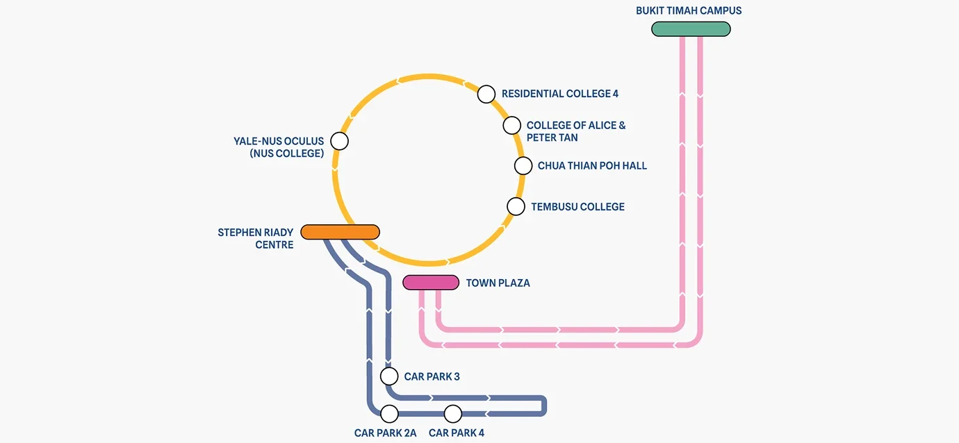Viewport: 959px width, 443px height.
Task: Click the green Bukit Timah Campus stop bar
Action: [x=691, y=29]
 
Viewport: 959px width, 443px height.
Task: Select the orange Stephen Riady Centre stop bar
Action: [x=340, y=232]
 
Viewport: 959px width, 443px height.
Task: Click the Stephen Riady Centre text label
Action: [x=256, y=238]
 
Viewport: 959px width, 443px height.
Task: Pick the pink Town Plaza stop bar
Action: [x=431, y=283]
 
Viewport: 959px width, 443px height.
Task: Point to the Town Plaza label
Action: [x=498, y=283]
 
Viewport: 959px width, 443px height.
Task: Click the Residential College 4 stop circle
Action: [x=486, y=94]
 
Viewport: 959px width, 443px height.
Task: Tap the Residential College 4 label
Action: [x=560, y=94]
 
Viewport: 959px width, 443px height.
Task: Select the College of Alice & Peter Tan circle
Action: [x=511, y=126]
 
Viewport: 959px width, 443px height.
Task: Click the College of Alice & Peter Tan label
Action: [x=576, y=131]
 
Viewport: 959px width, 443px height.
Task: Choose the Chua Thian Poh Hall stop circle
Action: [x=523, y=166]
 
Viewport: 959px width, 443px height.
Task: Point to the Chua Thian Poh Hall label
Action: [x=592, y=166]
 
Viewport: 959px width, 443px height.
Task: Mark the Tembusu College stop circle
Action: [x=516, y=206]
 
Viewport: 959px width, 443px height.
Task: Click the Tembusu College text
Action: [x=577, y=207]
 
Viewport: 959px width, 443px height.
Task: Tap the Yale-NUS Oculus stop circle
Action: [x=339, y=141]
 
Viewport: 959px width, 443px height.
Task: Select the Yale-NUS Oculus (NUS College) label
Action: [x=279, y=147]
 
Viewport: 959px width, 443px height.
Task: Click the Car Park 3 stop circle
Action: [x=389, y=376]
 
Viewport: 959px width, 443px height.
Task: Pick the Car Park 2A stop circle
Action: [x=389, y=414]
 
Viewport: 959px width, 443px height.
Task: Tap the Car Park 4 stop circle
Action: [x=453, y=414]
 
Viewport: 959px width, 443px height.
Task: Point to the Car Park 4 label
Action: [x=457, y=433]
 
